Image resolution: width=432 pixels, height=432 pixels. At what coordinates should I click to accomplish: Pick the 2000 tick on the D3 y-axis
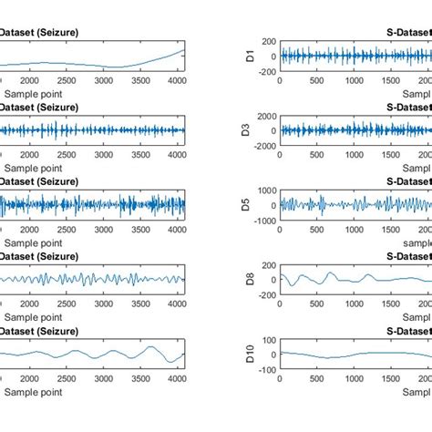click(263, 116)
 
